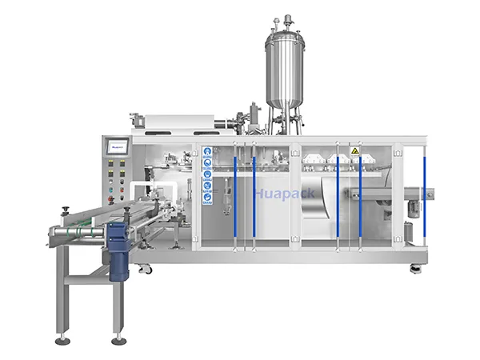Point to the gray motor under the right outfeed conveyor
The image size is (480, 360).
click(x=414, y=206)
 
